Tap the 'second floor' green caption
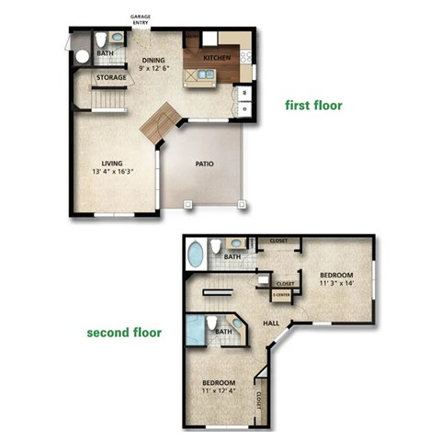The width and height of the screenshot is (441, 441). tap(124, 333)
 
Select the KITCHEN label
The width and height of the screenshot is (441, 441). tap(217, 58)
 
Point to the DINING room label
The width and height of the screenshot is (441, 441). tap(153, 57)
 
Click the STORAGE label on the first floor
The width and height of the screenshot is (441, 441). tap(111, 78)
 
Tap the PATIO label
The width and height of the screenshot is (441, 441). tap(204, 164)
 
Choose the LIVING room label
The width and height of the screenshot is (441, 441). tap(111, 164)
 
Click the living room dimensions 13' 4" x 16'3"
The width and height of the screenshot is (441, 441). tap(111, 173)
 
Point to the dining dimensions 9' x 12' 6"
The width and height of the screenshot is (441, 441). tap(153, 66)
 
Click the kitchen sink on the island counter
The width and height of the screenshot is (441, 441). tap(197, 77)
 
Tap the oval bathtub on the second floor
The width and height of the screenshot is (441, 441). tap(195, 254)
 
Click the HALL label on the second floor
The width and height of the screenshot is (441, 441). tap(272, 322)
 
